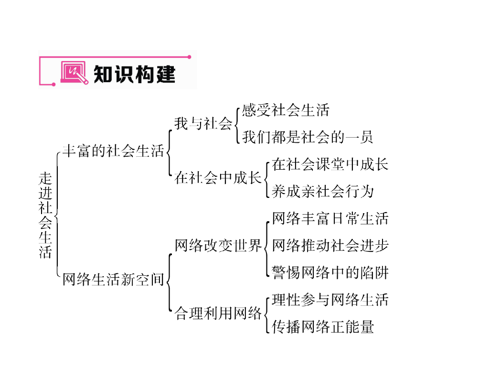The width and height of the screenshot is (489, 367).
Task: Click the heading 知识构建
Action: (x=134, y=74)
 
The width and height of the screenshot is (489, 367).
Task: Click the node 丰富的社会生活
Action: (x=113, y=151)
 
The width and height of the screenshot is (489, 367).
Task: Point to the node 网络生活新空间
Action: (x=113, y=279)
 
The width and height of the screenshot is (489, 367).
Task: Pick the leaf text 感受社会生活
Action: (x=286, y=110)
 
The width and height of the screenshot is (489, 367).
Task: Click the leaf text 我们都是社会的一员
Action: (x=308, y=138)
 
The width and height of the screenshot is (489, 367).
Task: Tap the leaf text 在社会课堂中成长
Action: (x=330, y=164)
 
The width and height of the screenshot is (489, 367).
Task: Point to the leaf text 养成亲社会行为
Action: (x=322, y=192)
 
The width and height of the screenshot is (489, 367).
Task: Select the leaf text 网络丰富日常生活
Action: (x=330, y=218)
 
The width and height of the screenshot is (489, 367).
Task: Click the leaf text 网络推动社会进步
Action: (x=330, y=246)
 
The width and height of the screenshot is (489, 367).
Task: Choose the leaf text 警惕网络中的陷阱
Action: (x=330, y=273)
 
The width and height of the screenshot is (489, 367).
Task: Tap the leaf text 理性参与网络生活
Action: (x=330, y=300)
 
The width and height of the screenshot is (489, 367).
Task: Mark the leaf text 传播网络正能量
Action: (x=322, y=327)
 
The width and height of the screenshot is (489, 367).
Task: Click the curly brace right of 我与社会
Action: (x=236, y=124)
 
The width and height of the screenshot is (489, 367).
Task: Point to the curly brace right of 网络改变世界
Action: (x=266, y=246)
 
